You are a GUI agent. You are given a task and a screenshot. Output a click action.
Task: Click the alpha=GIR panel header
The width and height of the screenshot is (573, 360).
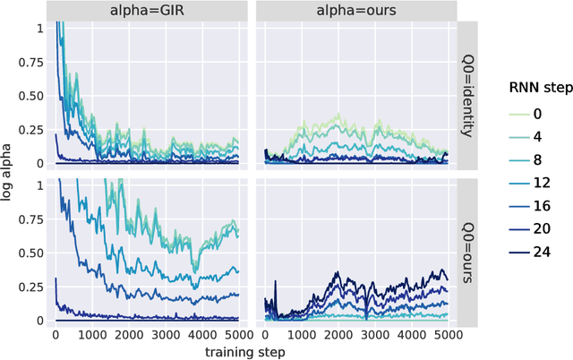click(x=146, y=12)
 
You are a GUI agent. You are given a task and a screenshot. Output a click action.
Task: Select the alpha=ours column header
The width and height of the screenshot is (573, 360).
click(x=355, y=12)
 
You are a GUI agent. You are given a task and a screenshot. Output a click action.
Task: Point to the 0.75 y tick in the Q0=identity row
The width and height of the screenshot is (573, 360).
click(x=33, y=63)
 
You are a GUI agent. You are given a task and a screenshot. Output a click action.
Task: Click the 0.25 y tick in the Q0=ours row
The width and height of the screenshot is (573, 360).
click(x=33, y=287)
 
